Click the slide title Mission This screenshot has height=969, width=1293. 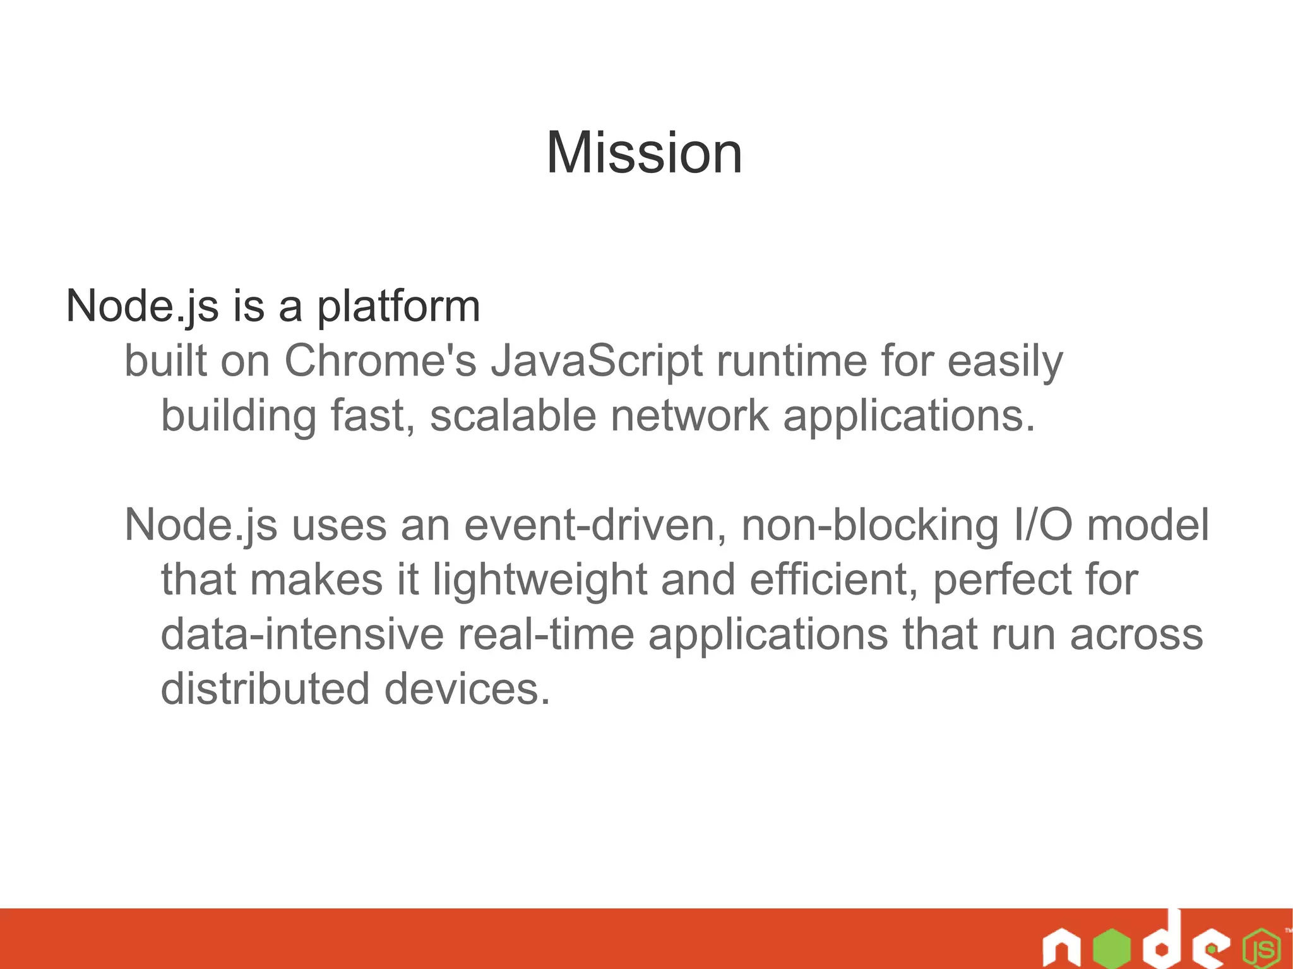644,153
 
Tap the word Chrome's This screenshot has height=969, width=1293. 380,361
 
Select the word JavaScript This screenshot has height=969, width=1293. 597,362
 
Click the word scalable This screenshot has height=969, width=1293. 513,416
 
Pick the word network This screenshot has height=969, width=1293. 689,416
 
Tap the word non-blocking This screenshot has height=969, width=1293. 870,525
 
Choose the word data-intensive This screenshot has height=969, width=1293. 302,634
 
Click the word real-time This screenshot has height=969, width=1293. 546,634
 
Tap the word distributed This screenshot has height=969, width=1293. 265,689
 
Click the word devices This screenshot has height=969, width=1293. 467,689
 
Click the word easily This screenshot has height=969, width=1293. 1005,362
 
